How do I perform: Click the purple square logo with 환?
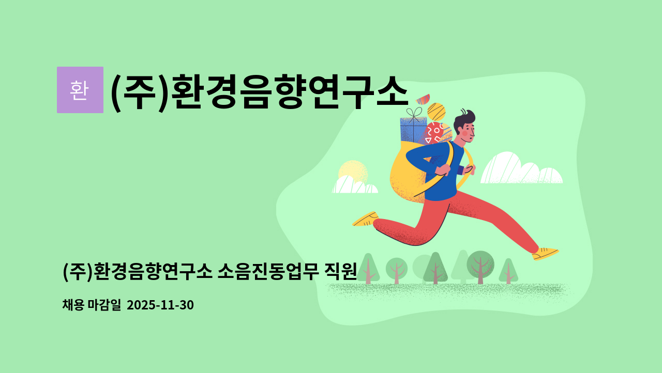(80, 90)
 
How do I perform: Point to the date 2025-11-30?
(160, 305)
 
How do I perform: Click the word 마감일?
(104, 305)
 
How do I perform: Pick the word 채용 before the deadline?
(72, 305)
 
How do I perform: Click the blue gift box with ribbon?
(413, 131)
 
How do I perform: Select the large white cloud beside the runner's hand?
(520, 169)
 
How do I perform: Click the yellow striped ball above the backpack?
(437, 112)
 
